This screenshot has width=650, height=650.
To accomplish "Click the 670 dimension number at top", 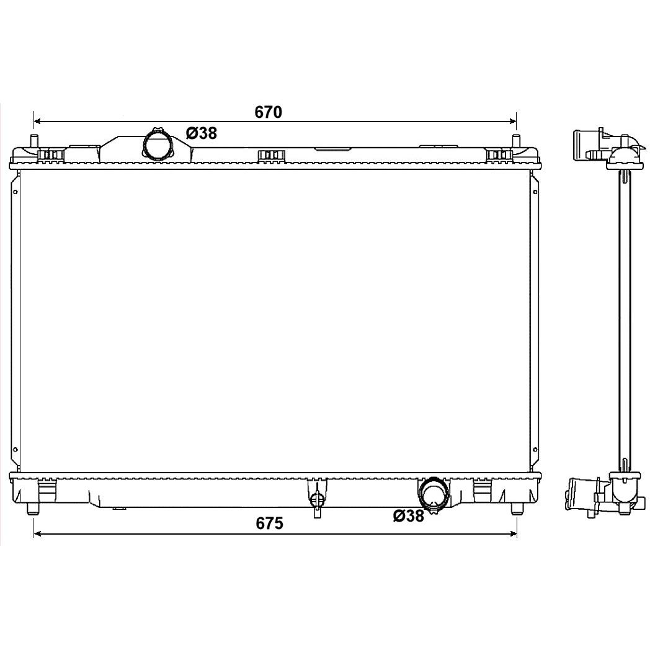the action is [268, 112].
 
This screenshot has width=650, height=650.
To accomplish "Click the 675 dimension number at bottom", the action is [269, 523].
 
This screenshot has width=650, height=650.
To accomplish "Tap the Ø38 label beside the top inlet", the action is [202, 133].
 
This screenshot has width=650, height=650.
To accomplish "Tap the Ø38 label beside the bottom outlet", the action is [409, 515].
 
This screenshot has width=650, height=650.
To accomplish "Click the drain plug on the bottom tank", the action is [317, 499].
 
